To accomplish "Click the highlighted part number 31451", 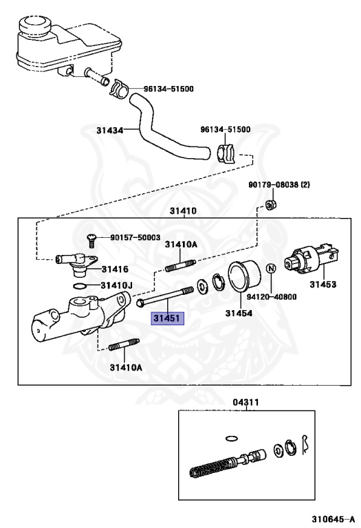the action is click(167, 318).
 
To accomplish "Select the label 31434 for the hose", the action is click(109, 131).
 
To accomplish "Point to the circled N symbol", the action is click(272, 269).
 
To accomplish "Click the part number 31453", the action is click(323, 285).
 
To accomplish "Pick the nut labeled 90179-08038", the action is click(269, 205).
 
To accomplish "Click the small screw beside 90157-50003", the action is click(91, 239).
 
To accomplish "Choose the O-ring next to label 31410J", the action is click(79, 286).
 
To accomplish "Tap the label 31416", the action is click(115, 269).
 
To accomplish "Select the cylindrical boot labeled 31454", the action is click(244, 276).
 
